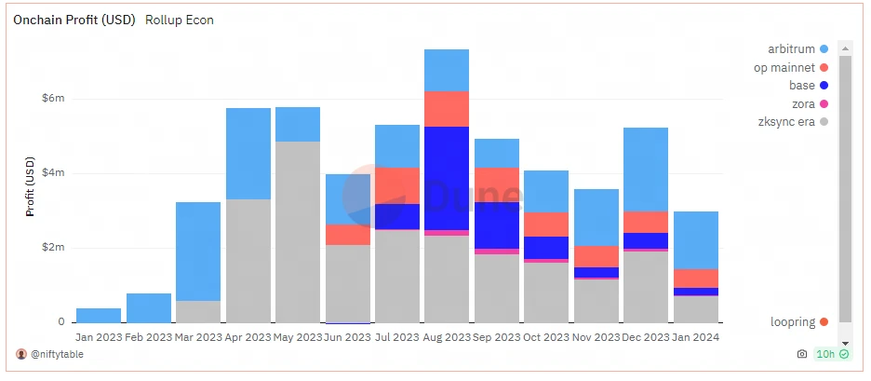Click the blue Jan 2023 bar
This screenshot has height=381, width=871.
tap(99, 315)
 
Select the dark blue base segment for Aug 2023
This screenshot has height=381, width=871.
tap(447, 177)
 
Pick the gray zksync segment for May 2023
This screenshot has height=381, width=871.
tap(298, 232)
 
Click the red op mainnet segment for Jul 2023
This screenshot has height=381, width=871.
tap(396, 185)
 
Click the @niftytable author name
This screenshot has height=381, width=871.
tap(56, 354)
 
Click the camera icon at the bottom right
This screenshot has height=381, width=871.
tap(802, 354)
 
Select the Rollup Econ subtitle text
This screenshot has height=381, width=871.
tap(180, 20)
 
